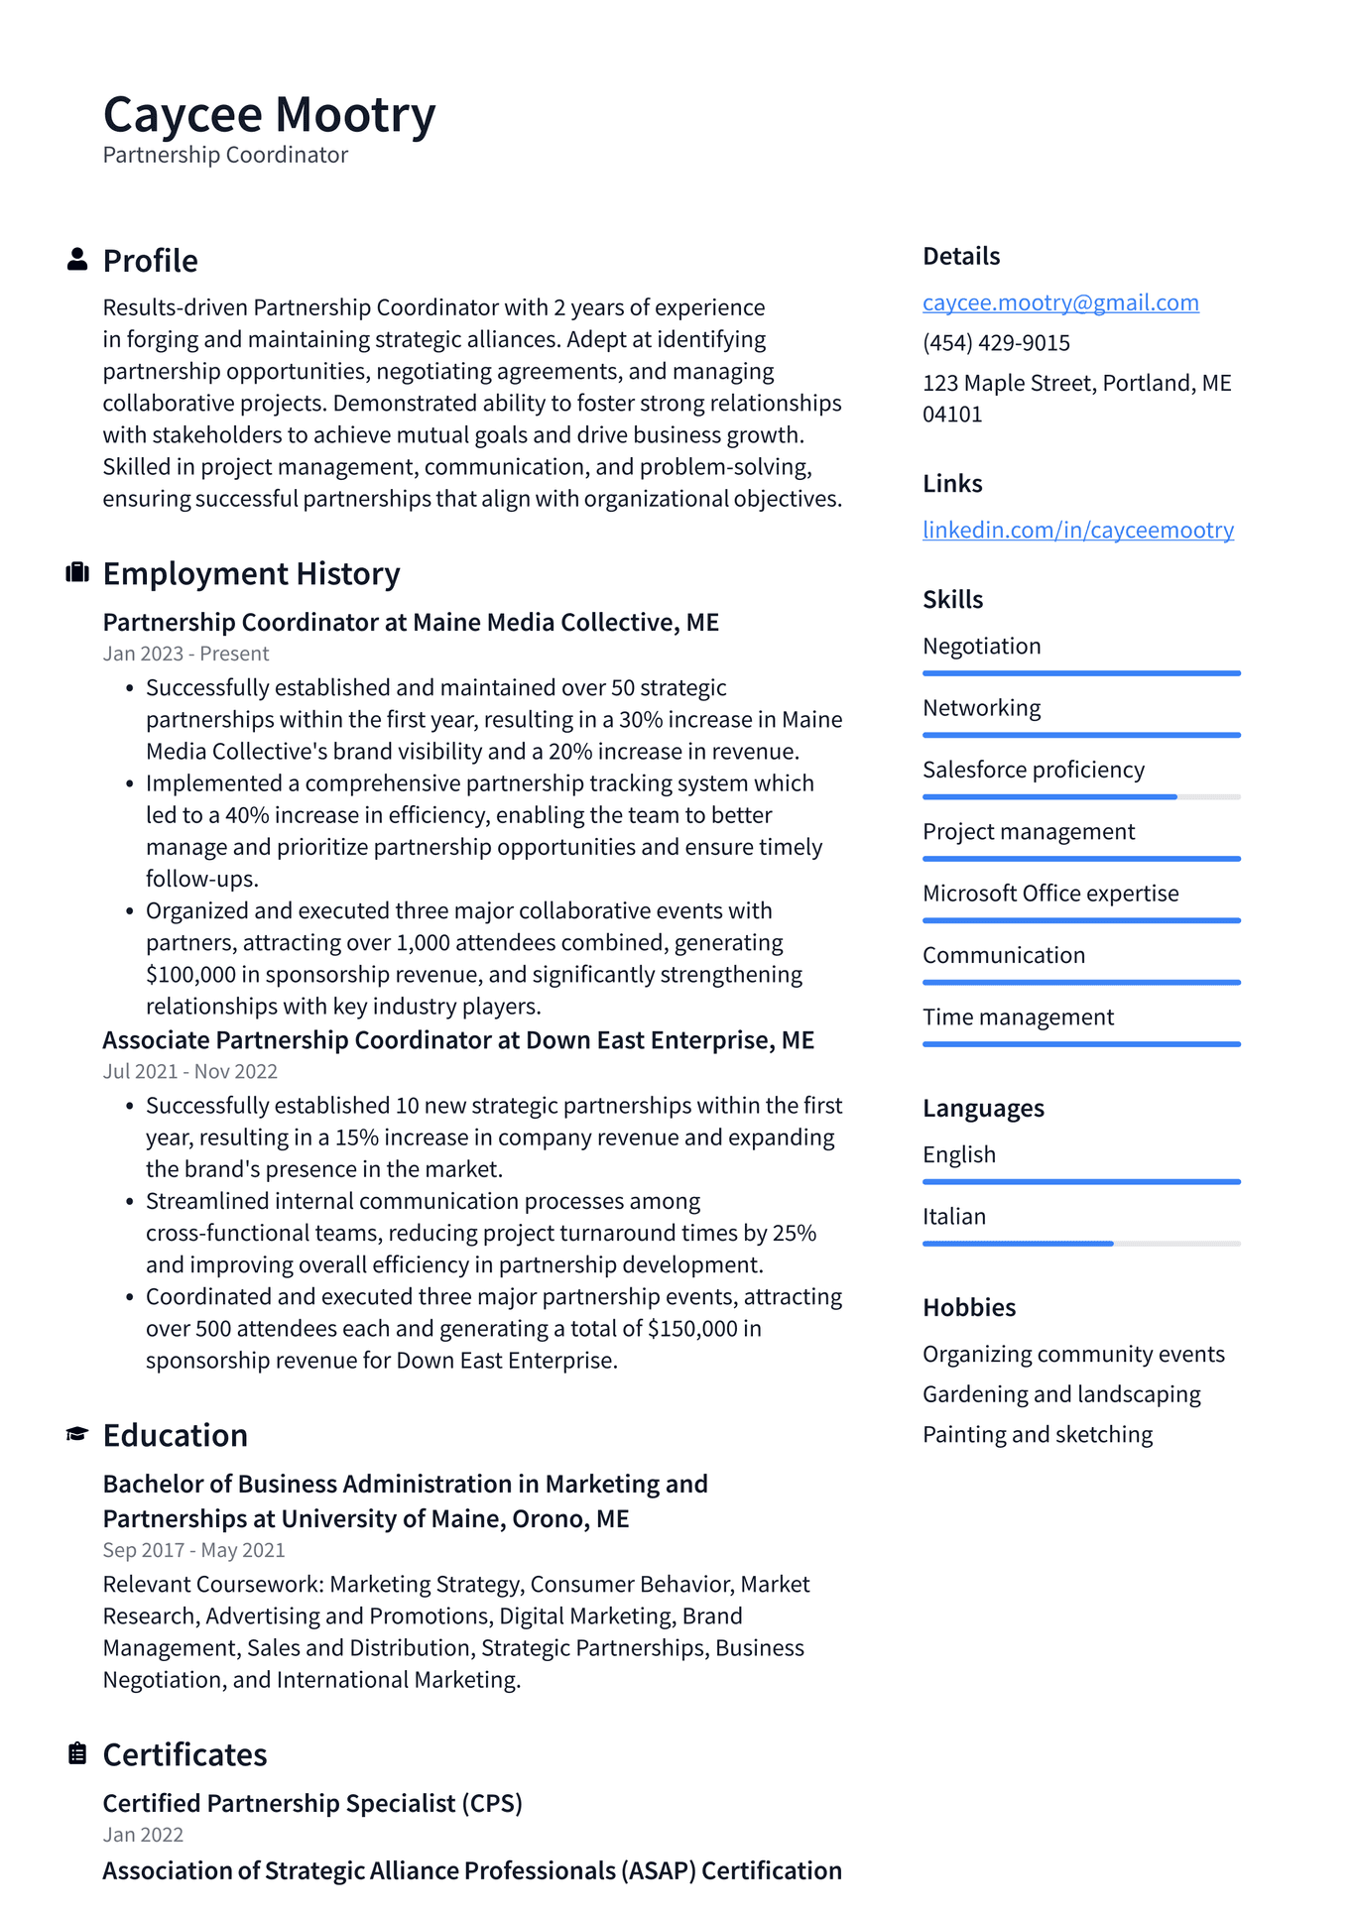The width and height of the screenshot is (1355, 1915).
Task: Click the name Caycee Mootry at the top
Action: [269, 115]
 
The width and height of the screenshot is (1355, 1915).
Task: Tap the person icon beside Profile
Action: [76, 260]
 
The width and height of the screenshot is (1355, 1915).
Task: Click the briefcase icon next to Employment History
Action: [76, 573]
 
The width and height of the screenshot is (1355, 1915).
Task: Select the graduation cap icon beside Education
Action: [76, 1434]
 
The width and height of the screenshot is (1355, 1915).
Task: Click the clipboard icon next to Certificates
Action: [76, 1753]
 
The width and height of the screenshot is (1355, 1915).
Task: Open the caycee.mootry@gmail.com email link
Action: [1059, 302]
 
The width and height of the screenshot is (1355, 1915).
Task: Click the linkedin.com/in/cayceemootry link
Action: [1077, 530]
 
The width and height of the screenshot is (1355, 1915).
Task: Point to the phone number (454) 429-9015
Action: [996, 343]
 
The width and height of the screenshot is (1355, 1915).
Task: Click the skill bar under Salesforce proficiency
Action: [1080, 796]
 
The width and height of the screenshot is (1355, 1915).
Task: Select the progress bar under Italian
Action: [1080, 1243]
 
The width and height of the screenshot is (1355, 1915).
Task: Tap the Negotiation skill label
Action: [981, 647]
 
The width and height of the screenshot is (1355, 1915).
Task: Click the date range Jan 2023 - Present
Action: [185, 654]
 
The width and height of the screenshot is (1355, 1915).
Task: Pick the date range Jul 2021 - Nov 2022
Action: [189, 1071]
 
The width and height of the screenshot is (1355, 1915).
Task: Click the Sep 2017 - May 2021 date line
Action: [193, 1550]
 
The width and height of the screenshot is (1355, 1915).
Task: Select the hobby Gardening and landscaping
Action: [1060, 1394]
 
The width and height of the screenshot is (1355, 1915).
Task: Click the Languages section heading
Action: [982, 1108]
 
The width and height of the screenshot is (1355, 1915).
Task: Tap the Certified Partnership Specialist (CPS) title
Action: [312, 1803]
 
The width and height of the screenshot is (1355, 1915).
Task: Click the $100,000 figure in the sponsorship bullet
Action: [189, 975]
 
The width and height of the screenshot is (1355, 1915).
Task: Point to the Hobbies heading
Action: [968, 1307]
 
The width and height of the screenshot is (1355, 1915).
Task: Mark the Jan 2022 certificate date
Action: [143, 1835]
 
